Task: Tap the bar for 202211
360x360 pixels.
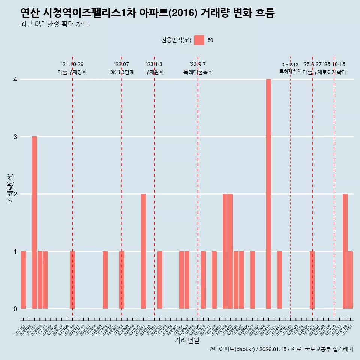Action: pos(143,251)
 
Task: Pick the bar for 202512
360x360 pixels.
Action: pos(345,251)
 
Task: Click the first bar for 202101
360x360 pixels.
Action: pos(23,280)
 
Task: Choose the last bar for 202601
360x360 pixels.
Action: pos(350,280)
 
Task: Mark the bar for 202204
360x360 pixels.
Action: pos(105,280)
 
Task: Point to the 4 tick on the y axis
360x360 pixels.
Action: pos(15,79)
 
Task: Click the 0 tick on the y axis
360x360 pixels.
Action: pos(15,309)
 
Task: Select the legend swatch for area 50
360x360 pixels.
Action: pos(199,40)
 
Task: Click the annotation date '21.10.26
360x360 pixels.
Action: pos(72,64)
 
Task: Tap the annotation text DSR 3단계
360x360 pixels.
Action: pos(121,72)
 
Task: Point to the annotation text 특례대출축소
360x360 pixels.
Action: pos(198,72)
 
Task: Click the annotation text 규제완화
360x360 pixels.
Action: pos(154,72)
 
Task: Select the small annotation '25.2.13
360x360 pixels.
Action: pos(290,65)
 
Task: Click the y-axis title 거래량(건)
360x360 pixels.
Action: pos(10,187)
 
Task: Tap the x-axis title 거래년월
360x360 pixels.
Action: pos(187,340)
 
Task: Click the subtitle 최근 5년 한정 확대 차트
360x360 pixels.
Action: pos(55,24)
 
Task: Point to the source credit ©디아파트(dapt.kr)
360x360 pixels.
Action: pos(232,349)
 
